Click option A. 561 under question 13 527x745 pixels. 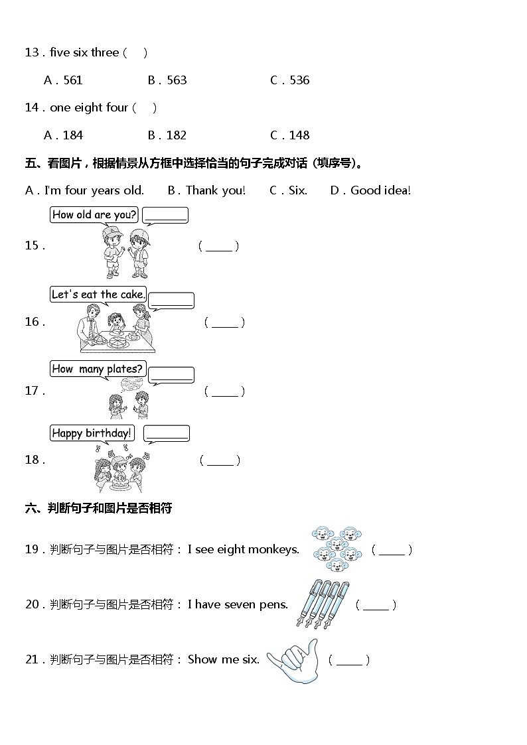tap(63, 80)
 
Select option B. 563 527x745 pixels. tap(167, 80)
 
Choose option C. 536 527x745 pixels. tap(290, 80)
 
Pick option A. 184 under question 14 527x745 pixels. tap(63, 135)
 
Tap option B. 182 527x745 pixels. tap(167, 135)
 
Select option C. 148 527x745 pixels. tap(290, 135)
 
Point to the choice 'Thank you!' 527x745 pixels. tap(206, 190)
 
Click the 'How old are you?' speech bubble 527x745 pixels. tap(94, 215)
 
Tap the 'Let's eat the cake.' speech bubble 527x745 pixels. tap(98, 295)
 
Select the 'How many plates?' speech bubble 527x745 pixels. tap(97, 369)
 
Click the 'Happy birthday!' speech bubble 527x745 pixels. tap(92, 434)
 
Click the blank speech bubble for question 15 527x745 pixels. tap(166, 215)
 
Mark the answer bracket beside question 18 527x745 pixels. tap(220, 460)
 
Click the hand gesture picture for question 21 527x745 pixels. tap(294, 661)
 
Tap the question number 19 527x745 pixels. tap(33, 549)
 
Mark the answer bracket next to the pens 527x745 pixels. tap(376, 605)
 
